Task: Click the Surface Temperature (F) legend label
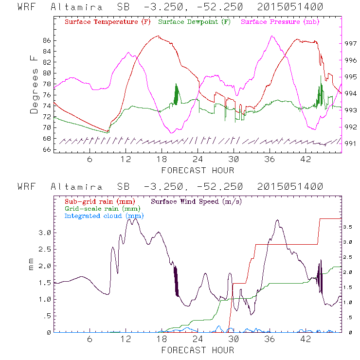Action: point(108,22)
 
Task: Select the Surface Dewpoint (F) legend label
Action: point(195,22)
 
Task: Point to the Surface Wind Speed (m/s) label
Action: point(197,201)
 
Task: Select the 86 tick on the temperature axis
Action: point(46,40)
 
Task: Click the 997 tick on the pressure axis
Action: point(351,43)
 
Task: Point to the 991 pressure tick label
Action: point(351,144)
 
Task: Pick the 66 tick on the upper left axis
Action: point(46,149)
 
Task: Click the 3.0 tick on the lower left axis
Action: point(45,233)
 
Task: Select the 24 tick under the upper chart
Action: point(198,160)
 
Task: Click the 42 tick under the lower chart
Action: point(306,340)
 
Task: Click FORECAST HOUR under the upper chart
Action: point(198,170)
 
